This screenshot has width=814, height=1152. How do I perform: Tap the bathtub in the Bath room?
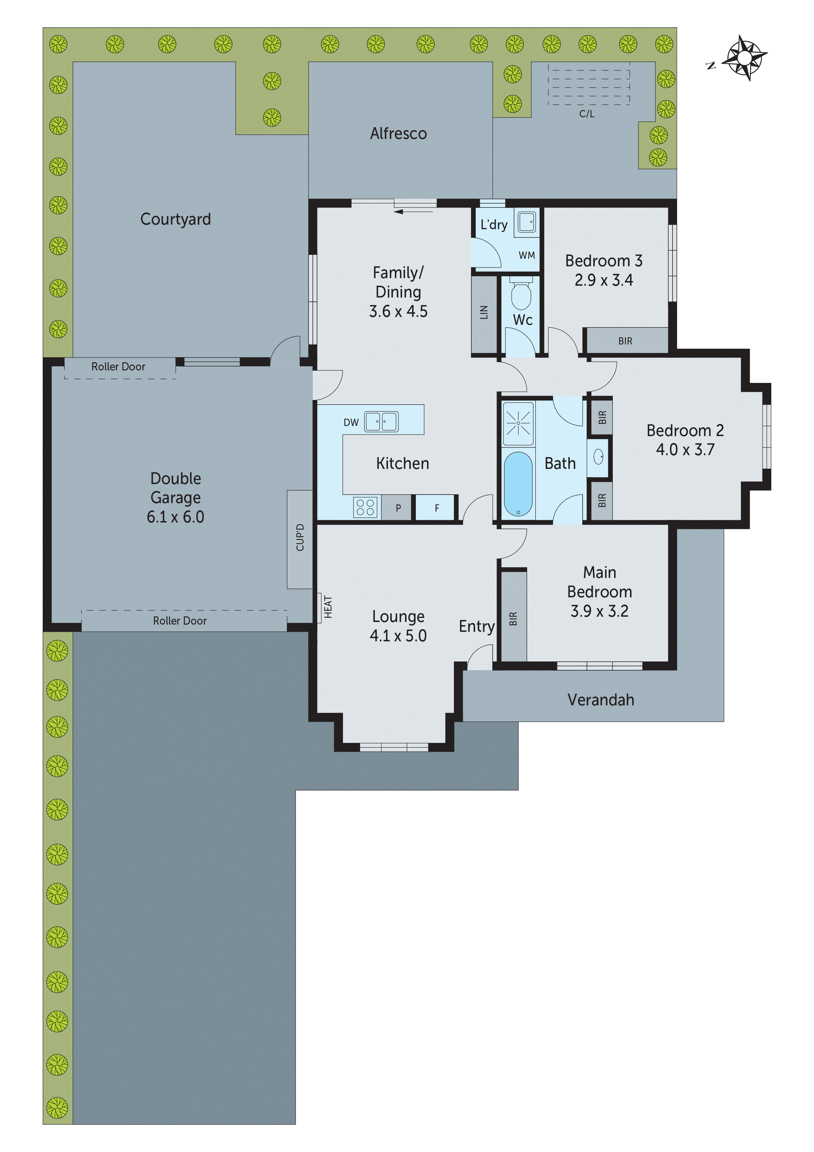pyautogui.click(x=518, y=484)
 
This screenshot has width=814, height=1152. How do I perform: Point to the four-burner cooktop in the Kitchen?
pyautogui.click(x=366, y=507)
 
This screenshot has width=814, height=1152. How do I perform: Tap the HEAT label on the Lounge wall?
pyautogui.click(x=328, y=607)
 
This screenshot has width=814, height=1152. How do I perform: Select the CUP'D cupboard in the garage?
pyautogui.click(x=300, y=539)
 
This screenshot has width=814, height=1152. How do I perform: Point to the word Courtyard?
pyautogui.click(x=176, y=219)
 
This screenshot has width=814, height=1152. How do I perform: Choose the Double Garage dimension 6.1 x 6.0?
pyautogui.click(x=176, y=517)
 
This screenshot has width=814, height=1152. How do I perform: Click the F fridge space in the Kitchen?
pyautogui.click(x=436, y=508)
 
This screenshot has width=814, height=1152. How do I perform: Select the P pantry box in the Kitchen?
pyautogui.click(x=398, y=508)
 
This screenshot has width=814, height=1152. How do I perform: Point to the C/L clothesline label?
pyautogui.click(x=587, y=114)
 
